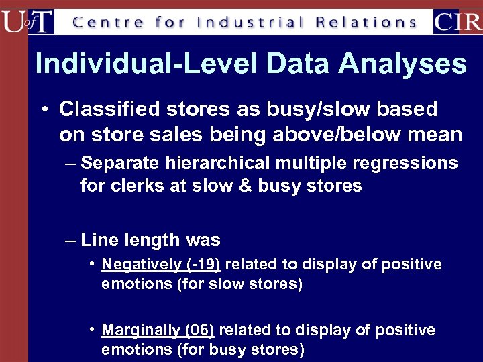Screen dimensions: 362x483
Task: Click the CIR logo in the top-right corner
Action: [458, 21]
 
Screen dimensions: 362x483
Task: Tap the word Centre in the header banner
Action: [107, 22]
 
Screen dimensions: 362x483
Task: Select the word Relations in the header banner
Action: [367, 22]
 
